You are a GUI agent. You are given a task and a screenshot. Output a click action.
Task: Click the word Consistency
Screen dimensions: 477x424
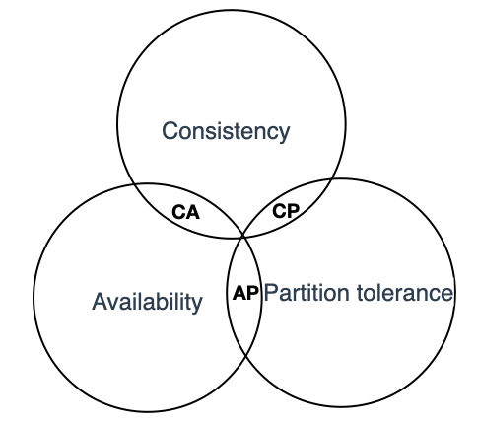pyautogui.click(x=226, y=131)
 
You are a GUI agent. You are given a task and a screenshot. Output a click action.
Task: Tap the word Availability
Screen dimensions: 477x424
pyautogui.click(x=147, y=302)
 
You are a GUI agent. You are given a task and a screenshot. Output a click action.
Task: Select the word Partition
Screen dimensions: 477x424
pyautogui.click(x=307, y=293)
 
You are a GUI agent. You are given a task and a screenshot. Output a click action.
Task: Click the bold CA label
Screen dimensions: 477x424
pyautogui.click(x=185, y=212)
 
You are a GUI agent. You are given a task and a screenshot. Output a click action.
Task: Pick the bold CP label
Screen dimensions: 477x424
pyautogui.click(x=286, y=211)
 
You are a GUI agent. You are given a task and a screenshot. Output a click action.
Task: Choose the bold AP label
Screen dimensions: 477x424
pyautogui.click(x=245, y=293)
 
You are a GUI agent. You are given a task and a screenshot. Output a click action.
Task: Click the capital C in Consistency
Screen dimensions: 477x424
pyautogui.click(x=170, y=130)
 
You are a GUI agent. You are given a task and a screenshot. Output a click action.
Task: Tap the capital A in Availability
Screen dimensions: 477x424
pyautogui.click(x=101, y=301)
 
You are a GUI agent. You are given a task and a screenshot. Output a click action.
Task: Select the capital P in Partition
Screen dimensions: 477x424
pyautogui.click(x=272, y=293)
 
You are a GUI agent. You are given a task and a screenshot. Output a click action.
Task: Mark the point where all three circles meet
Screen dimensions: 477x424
pyautogui.click(x=243, y=237)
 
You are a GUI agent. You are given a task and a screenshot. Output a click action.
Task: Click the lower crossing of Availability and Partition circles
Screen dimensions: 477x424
pyautogui.click(x=246, y=356)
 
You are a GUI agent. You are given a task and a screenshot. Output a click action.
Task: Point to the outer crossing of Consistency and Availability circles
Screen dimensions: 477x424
pyautogui.click(x=134, y=184)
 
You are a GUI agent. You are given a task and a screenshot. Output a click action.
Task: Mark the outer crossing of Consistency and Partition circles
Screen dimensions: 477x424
pyautogui.click(x=332, y=179)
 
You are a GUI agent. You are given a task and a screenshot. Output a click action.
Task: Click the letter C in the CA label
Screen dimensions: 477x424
pyautogui.click(x=178, y=212)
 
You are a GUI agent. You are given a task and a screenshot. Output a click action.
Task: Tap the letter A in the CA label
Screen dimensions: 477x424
pyautogui.click(x=193, y=212)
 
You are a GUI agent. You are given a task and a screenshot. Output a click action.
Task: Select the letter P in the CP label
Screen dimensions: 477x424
pyautogui.click(x=294, y=211)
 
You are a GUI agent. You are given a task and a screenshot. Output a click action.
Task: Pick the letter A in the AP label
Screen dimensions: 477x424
pyautogui.click(x=239, y=293)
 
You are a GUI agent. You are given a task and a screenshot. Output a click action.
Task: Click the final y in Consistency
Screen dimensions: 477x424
pyautogui.click(x=285, y=135)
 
